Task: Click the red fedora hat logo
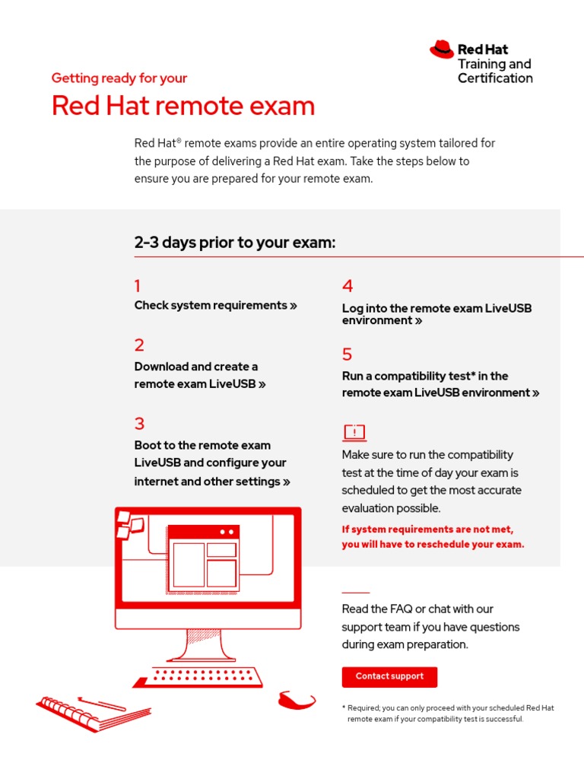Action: pos(442,50)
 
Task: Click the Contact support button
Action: pos(389,676)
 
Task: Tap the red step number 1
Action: pos(138,287)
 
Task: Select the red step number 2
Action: pos(139,345)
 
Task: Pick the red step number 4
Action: pos(348,287)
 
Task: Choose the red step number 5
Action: pos(348,355)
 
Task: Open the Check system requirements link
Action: pos(215,306)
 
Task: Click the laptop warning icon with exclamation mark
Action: pos(354,433)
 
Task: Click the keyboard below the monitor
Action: pos(198,676)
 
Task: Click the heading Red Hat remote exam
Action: pos(183,106)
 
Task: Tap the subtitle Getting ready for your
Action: pos(119,78)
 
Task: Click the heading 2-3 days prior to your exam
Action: pos(235,243)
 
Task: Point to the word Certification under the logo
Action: pos(495,78)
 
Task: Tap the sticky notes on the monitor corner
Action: pos(129,524)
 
